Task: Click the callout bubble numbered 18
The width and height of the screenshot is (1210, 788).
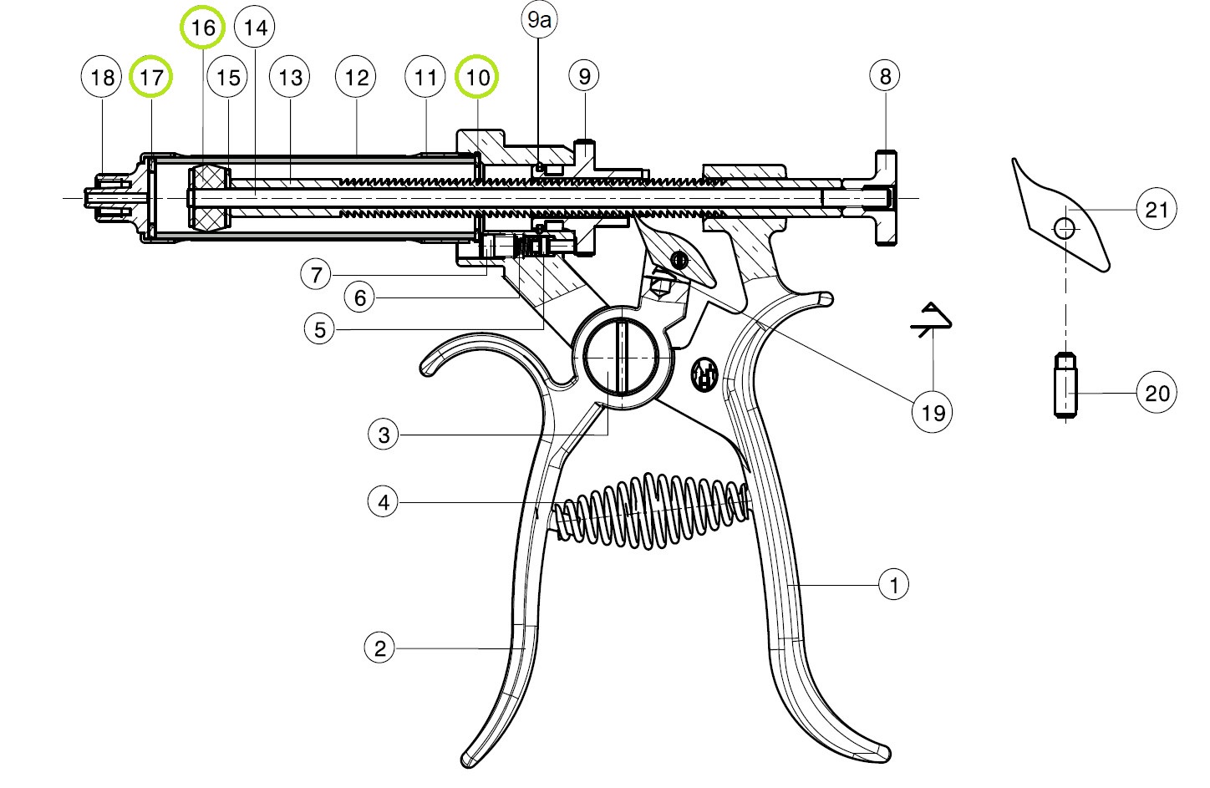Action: coord(102,78)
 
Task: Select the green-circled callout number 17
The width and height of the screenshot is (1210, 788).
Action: coord(152,78)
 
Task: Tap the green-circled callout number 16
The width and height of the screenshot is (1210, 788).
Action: coord(203,28)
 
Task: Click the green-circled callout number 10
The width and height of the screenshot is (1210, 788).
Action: coord(477,78)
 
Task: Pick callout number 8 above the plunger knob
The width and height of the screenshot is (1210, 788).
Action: coord(885,77)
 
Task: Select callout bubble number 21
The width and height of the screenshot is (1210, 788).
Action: coord(1157,209)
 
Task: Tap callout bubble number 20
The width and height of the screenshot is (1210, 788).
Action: coord(1157,393)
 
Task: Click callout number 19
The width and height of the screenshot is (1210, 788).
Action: coord(933,412)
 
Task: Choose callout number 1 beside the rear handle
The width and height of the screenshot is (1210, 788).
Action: coord(894,584)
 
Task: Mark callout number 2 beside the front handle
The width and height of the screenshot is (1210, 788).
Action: coord(380,648)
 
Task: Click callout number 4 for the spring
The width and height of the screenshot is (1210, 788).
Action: coord(384,502)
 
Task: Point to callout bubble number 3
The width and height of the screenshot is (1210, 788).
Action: coord(384,435)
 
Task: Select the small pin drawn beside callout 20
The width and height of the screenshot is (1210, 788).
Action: coord(1063,385)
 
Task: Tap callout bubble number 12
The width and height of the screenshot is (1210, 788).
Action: coord(357,78)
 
